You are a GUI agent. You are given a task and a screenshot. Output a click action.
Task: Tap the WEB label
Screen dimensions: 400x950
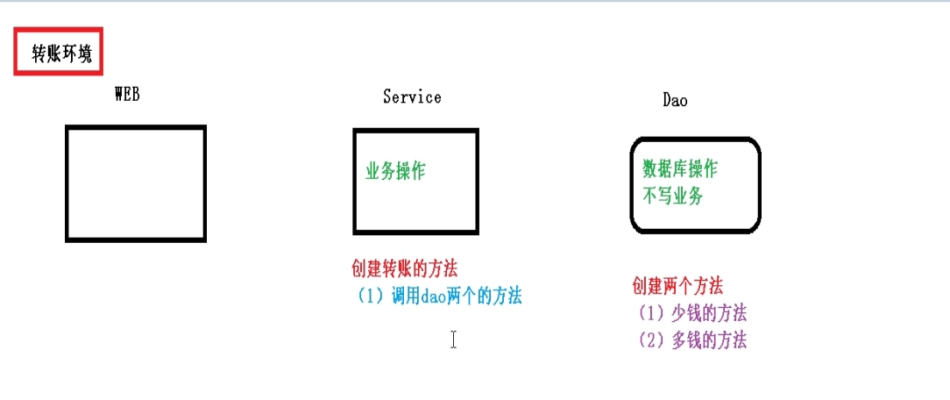127,95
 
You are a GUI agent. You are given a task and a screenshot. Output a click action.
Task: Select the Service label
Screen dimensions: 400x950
412,96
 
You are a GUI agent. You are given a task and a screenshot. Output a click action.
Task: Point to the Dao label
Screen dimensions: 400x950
675,100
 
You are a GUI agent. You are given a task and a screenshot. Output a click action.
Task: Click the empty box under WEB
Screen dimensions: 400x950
136,183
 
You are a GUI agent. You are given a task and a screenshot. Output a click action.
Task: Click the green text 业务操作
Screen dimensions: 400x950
395,171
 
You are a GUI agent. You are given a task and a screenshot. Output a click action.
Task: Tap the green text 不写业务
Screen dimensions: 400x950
673,196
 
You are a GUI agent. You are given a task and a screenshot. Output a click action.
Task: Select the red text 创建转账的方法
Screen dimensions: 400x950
404,268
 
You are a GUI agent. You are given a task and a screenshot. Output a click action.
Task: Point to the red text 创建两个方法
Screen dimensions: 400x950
677,286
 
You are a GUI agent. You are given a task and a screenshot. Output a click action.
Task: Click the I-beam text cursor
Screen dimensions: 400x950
453,339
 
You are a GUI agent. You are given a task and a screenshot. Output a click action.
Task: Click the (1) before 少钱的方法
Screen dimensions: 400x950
651,312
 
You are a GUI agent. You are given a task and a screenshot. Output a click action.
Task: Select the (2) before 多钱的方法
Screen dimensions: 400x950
651,340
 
